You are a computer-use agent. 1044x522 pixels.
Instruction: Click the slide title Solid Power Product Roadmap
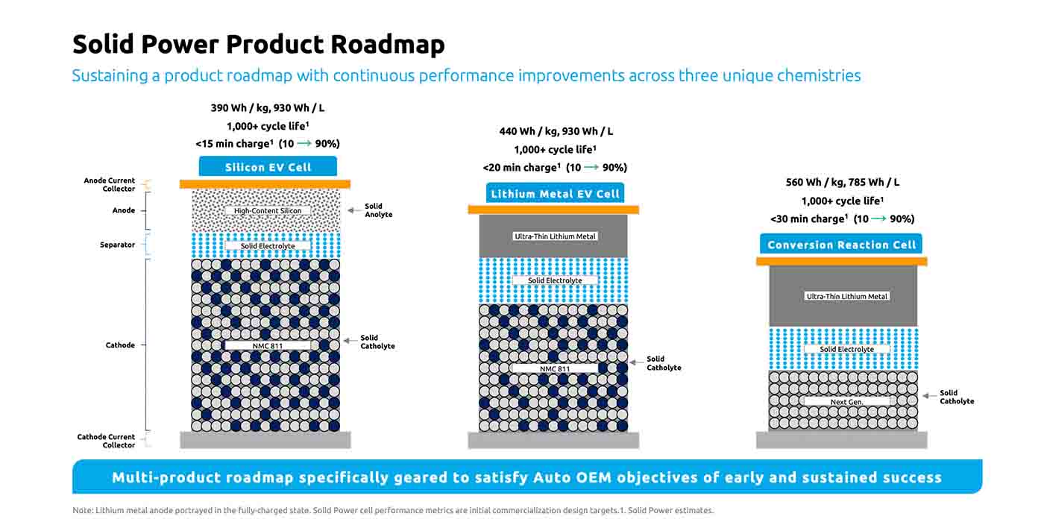coord(258,45)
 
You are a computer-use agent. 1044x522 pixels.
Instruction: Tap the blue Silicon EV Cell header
coord(268,167)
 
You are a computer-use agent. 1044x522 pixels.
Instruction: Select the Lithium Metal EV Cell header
coord(555,194)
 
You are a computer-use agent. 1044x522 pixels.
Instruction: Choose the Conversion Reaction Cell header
coord(841,245)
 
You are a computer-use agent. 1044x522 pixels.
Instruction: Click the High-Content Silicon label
coord(268,211)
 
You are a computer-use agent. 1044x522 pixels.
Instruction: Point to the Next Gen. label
coord(846,402)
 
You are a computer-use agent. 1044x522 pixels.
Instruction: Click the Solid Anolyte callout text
coord(378,210)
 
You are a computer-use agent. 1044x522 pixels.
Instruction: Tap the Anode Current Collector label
coord(109,184)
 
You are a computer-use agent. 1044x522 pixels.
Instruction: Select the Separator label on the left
coord(118,245)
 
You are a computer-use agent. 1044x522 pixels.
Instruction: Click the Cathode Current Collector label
coord(106,441)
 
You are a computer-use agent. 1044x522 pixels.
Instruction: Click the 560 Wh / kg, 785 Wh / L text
coord(842,182)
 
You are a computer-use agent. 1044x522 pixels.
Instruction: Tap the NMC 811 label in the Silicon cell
coord(268,346)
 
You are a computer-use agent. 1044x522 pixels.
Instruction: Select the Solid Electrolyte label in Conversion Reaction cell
coord(846,349)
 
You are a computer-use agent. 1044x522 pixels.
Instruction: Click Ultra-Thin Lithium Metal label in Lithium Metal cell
coord(556,236)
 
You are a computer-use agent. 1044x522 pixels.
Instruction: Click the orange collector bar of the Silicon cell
coord(265,184)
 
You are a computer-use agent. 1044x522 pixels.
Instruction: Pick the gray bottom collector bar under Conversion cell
coord(841,440)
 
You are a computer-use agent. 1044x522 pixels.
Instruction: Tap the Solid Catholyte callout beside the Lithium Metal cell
coord(664,363)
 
